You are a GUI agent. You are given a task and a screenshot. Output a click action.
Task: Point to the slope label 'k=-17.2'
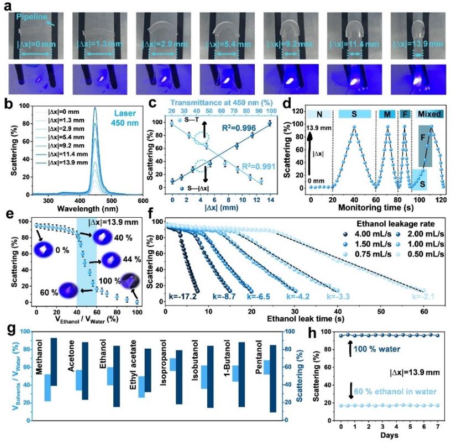click(185, 297)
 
